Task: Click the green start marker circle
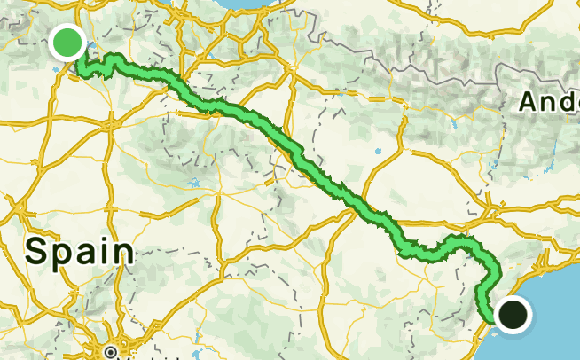click(x=67, y=42)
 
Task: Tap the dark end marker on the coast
click(x=513, y=314)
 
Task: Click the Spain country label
click(x=80, y=250)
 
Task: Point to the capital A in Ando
click(x=528, y=102)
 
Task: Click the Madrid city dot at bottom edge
click(x=111, y=353)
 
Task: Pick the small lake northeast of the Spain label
click(x=194, y=184)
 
